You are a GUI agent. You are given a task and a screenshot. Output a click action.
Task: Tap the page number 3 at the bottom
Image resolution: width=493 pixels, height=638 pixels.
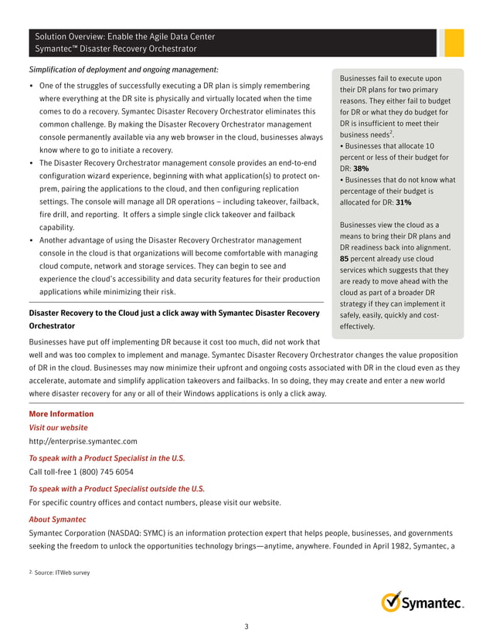[x=246, y=626]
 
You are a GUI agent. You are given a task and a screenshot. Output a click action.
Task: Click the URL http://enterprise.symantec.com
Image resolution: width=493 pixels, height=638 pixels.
[x=83, y=441]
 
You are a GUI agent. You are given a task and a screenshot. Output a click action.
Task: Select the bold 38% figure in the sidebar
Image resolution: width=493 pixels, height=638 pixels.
[x=360, y=168]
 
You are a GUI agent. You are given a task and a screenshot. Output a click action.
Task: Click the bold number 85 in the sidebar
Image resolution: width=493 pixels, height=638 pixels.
[x=345, y=259]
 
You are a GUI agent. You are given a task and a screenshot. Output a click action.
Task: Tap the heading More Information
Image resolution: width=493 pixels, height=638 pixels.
[x=60, y=414]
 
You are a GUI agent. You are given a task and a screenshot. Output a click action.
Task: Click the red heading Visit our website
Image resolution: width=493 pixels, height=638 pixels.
[x=58, y=427]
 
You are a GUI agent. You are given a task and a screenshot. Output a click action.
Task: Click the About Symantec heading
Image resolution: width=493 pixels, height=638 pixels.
[x=57, y=519]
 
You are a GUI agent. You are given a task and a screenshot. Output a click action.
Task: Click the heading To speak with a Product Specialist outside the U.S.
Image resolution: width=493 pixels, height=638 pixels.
[x=117, y=488]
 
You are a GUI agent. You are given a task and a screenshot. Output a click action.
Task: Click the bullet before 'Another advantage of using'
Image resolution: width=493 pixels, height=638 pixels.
[x=31, y=241]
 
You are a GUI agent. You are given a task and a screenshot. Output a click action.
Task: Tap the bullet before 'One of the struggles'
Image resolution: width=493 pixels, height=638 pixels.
[x=31, y=85]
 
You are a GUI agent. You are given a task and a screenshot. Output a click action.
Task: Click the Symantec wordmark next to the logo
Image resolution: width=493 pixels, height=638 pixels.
[x=433, y=602]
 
